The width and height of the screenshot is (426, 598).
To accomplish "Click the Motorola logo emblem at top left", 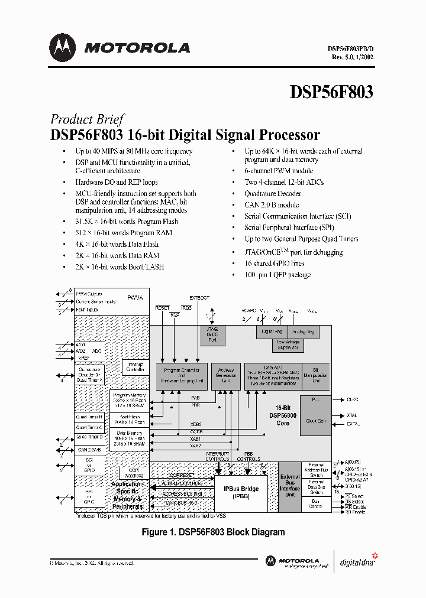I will click(63, 47).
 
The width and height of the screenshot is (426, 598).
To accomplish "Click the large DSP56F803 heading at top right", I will click(331, 92).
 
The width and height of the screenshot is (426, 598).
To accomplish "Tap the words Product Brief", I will click(87, 119).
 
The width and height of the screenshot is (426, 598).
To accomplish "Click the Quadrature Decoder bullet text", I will click(273, 193).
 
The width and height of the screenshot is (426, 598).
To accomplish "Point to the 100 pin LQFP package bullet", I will click(277, 274).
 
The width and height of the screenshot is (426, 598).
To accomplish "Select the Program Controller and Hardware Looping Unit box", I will click(181, 376).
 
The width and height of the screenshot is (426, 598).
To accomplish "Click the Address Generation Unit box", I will click(225, 376).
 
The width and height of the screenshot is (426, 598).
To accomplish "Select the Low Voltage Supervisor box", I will click(288, 344).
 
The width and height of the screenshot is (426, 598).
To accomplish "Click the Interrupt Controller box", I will click(135, 368).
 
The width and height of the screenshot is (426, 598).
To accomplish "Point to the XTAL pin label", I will click(352, 416).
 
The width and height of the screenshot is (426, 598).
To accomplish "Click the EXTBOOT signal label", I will click(199, 298).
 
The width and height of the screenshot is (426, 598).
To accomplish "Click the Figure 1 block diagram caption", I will click(213, 532).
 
